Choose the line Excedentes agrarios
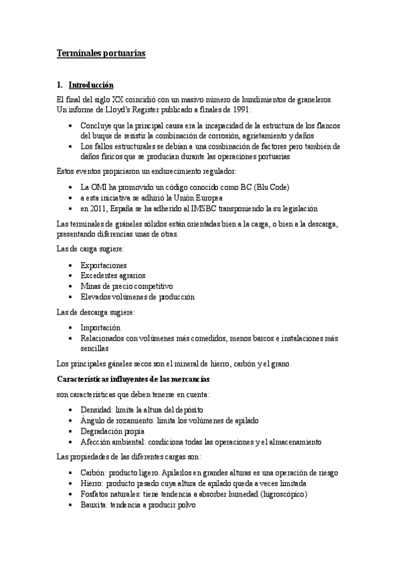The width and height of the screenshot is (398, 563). click(x=113, y=276)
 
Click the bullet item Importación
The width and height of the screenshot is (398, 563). click(x=100, y=328)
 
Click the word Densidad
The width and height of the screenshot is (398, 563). click(x=96, y=410)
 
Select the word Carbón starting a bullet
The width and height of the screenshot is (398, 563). click(x=93, y=473)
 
